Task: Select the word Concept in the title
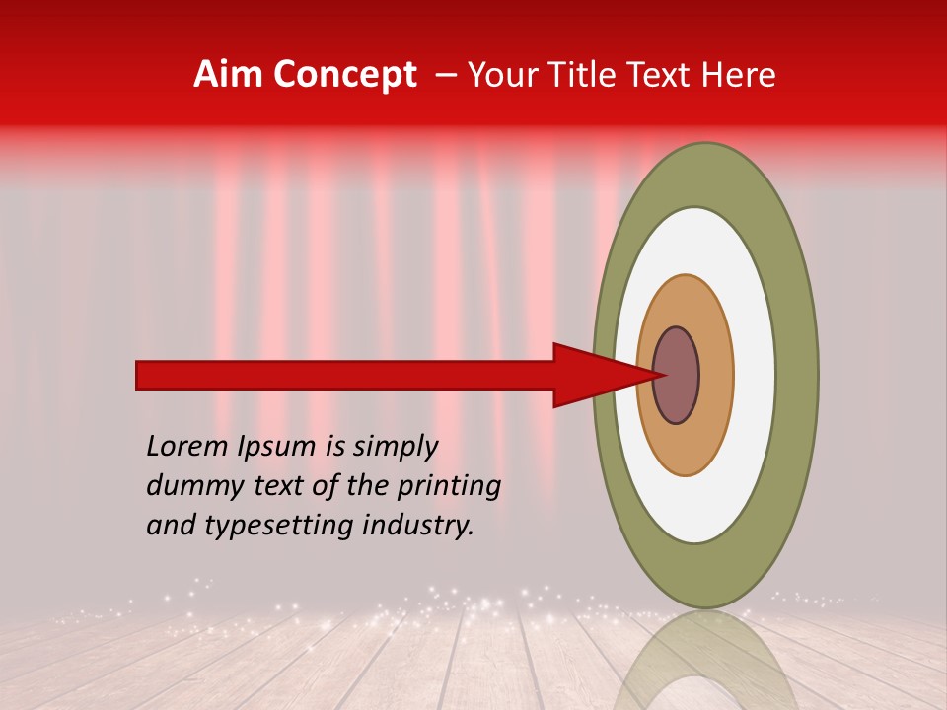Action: (x=344, y=75)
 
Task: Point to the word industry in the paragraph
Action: (x=418, y=525)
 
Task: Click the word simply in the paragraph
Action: (x=395, y=446)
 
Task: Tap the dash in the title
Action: (x=445, y=75)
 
